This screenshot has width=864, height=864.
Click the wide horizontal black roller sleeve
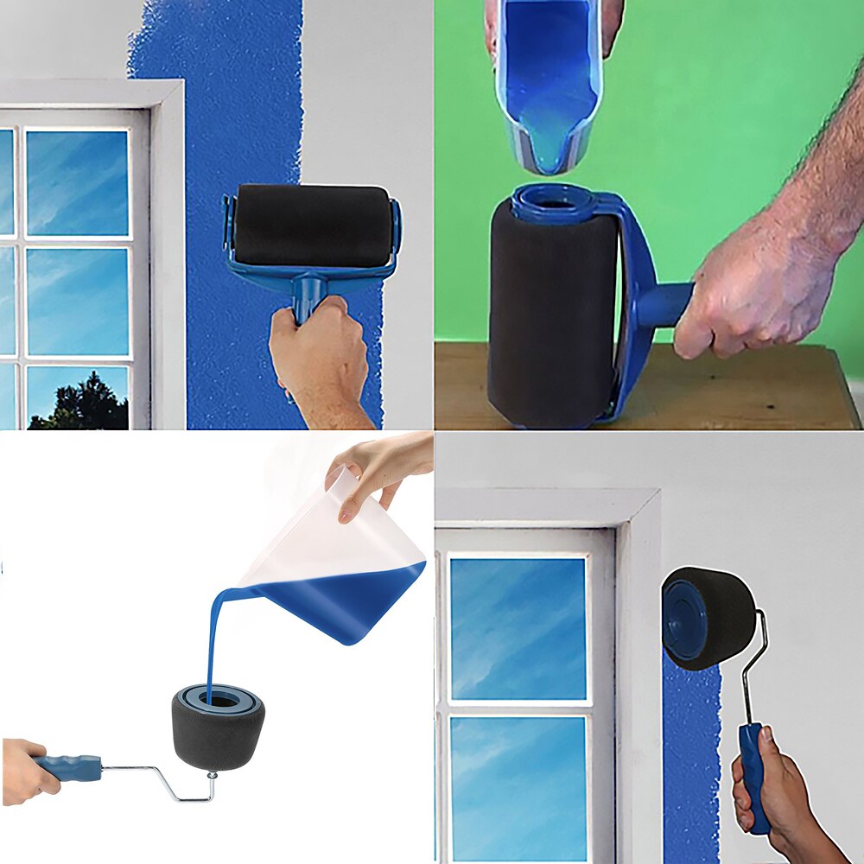pyautogui.click(x=311, y=225)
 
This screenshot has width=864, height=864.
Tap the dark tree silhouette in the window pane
pyautogui.click(x=82, y=406)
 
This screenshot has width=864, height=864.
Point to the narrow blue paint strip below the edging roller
pyautogui.click(x=691, y=760)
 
